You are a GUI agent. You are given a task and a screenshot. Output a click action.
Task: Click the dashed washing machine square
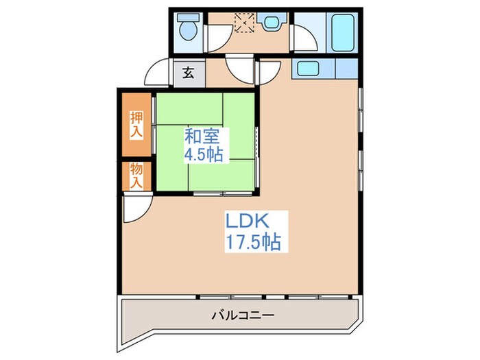click(x=243, y=23)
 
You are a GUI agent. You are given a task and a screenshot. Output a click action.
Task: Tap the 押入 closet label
click(x=136, y=125)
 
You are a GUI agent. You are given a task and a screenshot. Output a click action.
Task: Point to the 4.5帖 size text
click(x=203, y=154)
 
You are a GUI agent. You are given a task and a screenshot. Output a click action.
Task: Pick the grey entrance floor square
click(x=187, y=73)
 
